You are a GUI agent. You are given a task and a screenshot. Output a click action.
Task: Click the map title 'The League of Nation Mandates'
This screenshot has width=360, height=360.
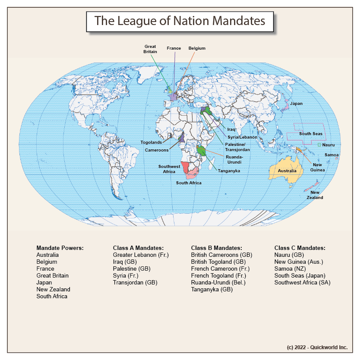point(180,21)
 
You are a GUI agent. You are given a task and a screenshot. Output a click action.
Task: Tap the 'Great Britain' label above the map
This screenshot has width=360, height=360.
point(150,49)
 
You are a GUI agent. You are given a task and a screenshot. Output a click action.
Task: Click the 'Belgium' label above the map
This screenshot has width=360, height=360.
point(197,48)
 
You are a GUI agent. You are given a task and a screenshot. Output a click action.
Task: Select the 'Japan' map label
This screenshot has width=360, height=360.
point(296,104)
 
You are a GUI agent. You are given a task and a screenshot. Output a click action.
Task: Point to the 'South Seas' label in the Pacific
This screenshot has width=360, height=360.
point(311,134)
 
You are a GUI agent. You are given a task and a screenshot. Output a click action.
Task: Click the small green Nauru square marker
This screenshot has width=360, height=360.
point(319,145)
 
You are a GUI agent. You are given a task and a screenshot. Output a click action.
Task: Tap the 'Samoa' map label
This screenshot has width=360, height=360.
point(332,155)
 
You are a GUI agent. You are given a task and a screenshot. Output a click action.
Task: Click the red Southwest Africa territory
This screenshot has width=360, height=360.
point(186,167)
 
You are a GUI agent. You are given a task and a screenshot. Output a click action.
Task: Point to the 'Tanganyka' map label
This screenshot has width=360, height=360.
point(229,171)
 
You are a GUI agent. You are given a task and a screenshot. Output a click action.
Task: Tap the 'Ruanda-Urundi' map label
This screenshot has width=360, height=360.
point(234,159)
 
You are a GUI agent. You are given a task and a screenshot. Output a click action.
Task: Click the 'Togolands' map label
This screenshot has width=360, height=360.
point(151,142)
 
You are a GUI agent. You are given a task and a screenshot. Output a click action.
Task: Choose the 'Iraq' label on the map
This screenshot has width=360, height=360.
point(231,129)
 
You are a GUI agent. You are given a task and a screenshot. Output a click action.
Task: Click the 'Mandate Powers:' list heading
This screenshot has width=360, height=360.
point(60,248)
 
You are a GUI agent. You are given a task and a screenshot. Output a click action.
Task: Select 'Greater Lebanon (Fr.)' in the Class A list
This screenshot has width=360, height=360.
point(141,255)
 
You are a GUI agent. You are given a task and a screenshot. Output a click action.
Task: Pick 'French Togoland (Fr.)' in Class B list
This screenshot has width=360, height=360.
point(218,275)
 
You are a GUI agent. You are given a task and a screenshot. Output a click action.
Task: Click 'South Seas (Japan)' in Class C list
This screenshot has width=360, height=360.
point(300,275)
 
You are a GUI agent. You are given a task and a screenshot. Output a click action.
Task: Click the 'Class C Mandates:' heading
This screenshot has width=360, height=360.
point(300,248)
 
